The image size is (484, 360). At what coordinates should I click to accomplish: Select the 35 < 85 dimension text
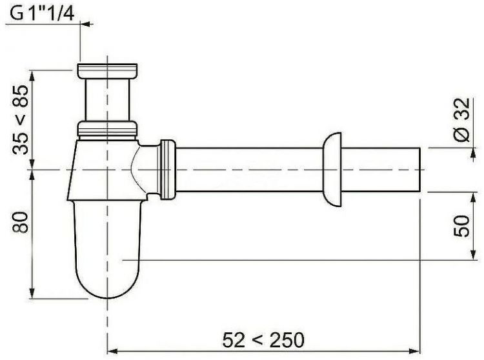point(21,119)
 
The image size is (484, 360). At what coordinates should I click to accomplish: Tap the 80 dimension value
point(21,222)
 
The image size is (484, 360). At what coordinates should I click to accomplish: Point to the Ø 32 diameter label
point(462,119)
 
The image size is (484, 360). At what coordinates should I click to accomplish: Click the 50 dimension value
point(461,226)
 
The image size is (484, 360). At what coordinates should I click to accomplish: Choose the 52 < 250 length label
point(263,339)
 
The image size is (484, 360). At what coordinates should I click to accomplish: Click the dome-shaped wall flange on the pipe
point(332,170)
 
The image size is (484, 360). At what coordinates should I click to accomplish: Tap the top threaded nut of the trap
point(107,71)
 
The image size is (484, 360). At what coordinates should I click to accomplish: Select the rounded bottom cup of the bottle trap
point(107,250)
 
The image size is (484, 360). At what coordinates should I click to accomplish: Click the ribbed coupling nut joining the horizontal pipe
point(168,170)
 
